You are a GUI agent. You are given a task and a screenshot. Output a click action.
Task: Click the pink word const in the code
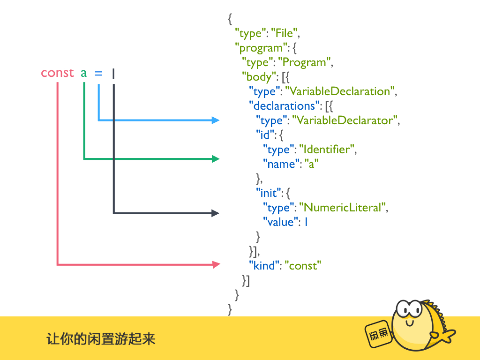(x=57, y=73)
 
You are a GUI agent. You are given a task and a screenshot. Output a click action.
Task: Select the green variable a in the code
(x=84, y=73)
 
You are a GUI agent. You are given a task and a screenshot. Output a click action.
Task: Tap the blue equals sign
(x=98, y=73)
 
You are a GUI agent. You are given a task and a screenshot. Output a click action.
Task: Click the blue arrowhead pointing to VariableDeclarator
(x=216, y=120)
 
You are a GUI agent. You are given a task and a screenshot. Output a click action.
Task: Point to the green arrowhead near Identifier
(x=216, y=159)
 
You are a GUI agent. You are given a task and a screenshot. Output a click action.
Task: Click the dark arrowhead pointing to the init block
(x=216, y=213)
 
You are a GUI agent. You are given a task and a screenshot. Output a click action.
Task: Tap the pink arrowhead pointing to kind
(x=216, y=265)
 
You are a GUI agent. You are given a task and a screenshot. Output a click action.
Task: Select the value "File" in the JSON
(x=285, y=34)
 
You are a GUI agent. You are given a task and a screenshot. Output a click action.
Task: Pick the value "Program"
(x=305, y=62)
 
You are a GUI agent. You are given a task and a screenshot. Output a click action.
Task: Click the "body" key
(x=257, y=76)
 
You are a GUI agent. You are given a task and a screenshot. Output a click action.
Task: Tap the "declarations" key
(x=282, y=105)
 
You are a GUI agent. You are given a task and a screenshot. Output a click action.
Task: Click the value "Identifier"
(x=327, y=150)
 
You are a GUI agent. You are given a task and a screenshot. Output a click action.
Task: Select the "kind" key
(x=263, y=266)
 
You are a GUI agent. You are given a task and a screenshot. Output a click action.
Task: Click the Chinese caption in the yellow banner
(x=101, y=338)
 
